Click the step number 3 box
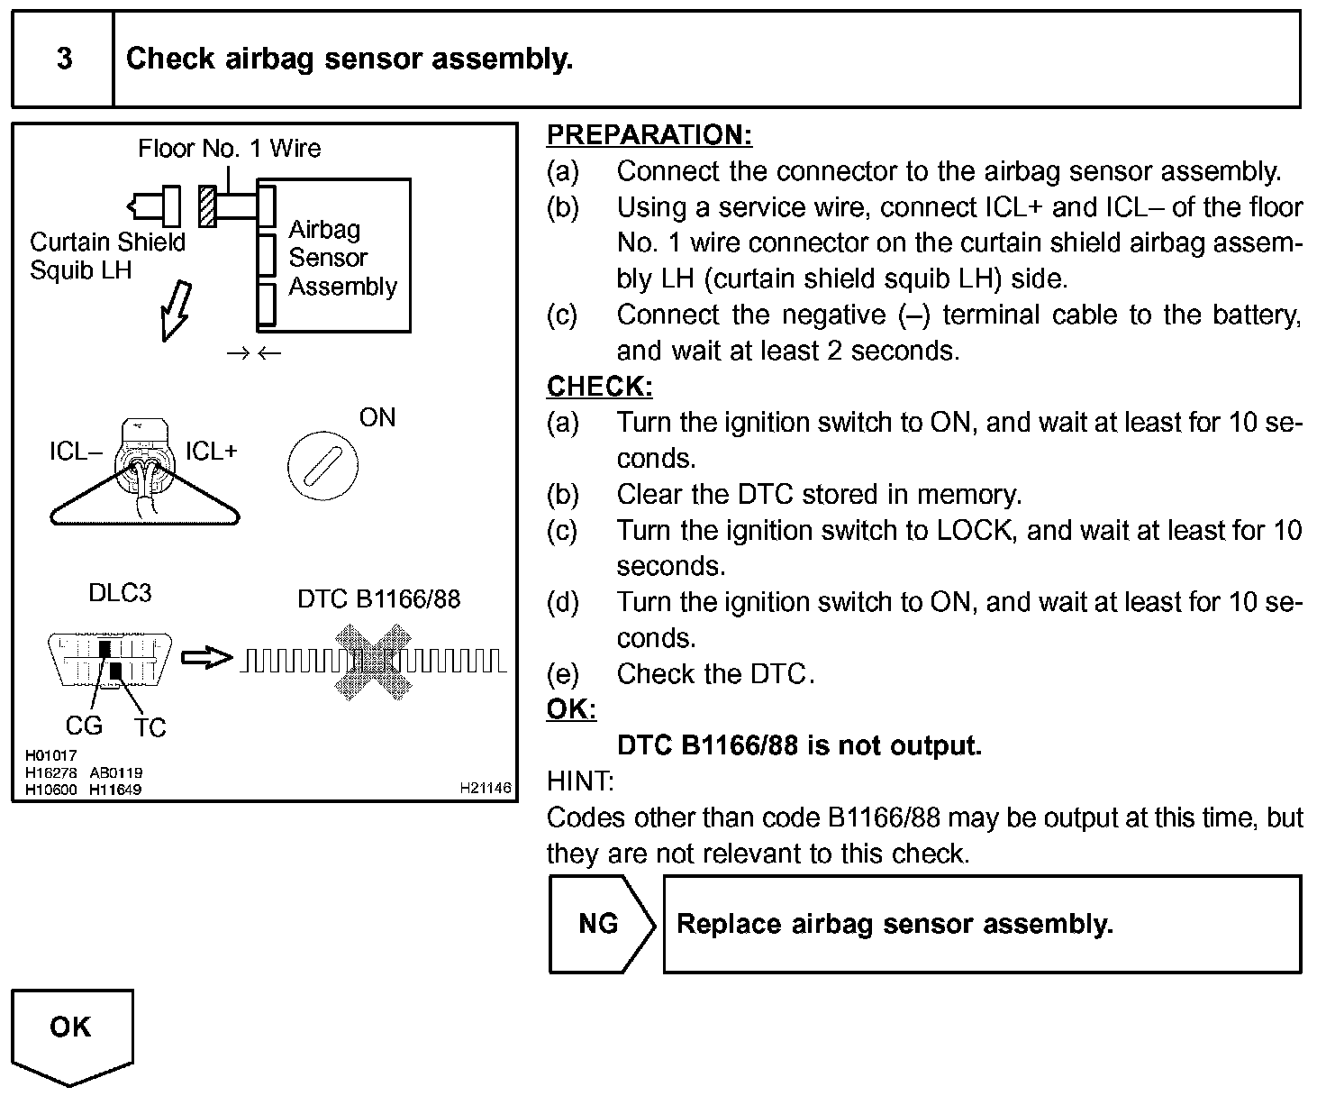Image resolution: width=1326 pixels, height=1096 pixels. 63,59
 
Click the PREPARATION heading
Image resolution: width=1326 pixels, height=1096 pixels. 649,135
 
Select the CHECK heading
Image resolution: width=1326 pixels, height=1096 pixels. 599,387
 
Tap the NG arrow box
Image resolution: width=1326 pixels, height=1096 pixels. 600,924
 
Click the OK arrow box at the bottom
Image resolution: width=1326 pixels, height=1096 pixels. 71,1032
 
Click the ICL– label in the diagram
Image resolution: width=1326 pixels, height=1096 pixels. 76,452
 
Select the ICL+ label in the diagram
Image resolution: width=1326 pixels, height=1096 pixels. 211,451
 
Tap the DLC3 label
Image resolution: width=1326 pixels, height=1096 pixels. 120,593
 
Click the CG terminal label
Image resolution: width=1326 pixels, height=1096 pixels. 84,726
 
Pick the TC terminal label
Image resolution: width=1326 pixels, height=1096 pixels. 150,727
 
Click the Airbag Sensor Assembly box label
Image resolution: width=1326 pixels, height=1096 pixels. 341,258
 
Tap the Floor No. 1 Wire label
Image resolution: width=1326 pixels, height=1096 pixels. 229,149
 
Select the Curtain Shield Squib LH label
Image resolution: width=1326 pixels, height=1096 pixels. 106,256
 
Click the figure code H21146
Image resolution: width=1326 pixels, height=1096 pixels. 485,788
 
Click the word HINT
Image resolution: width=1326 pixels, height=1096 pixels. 580,781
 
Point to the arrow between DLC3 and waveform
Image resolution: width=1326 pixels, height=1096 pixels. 206,658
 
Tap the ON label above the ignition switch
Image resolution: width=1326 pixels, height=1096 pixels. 377,417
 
